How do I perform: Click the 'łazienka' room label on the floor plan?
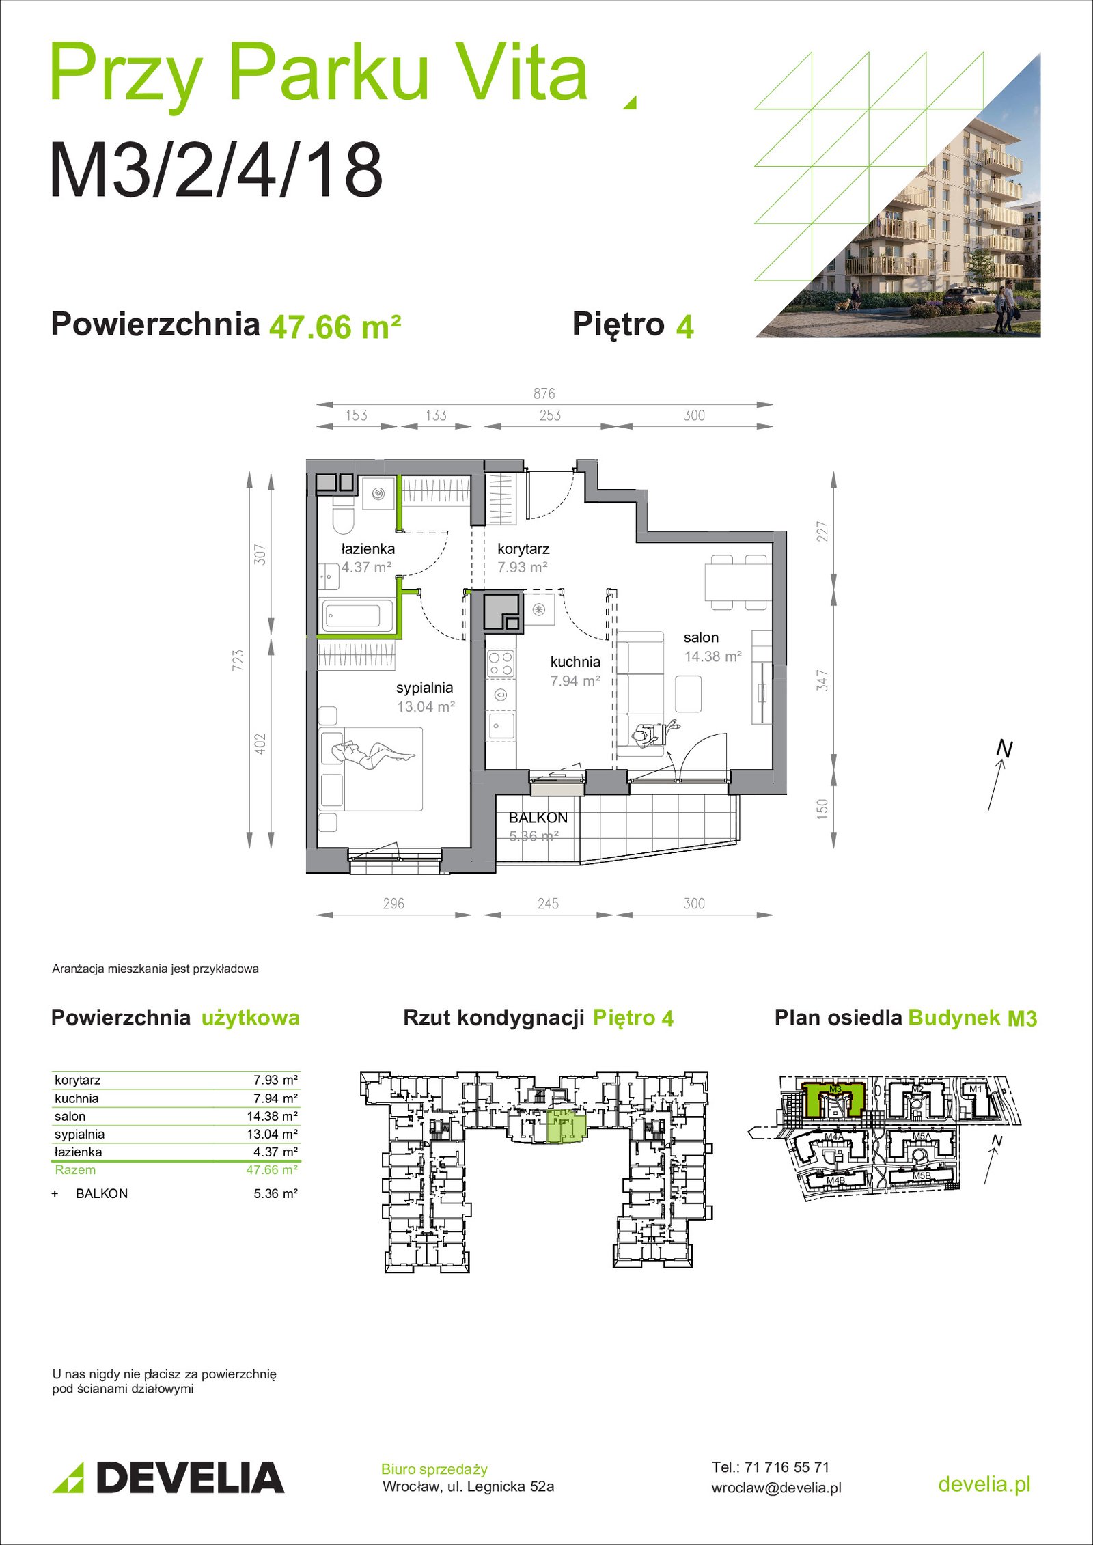pos(368,548)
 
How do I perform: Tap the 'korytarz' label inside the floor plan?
pos(523,548)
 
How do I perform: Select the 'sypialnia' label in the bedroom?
pos(424,688)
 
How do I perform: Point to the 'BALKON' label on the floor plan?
pos(538,818)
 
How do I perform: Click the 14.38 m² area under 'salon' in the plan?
pos(713,656)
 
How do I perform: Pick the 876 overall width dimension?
pos(544,393)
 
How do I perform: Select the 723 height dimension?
pos(238,660)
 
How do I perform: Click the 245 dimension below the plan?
pos(548,904)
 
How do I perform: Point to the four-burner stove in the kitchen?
pos(501,663)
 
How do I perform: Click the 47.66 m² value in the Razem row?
pos(272,1170)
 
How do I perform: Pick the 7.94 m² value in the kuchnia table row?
pos(275,1098)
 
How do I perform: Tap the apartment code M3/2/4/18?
pos(216,170)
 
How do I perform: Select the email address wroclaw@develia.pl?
pos(776,1488)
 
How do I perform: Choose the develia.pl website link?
pos(984,1484)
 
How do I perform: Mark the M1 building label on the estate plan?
pos(976,1089)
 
